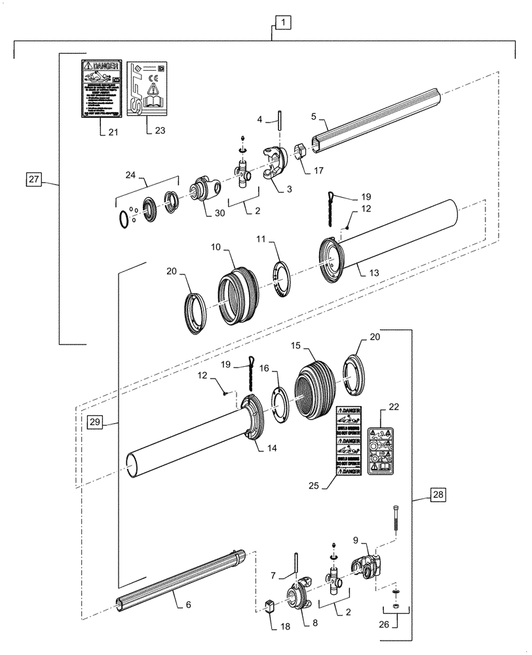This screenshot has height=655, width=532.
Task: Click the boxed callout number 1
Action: tap(282, 24)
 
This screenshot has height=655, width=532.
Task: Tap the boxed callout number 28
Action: tap(438, 495)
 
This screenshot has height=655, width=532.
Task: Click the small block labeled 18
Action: tap(268, 606)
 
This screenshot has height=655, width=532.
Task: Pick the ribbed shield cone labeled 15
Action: tap(318, 390)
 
